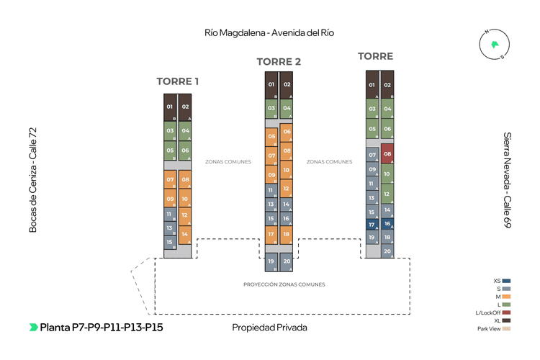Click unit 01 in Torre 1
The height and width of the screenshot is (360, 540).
tap(170, 107)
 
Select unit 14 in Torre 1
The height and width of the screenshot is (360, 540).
tap(185, 234)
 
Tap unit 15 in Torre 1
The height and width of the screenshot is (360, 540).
tap(170, 243)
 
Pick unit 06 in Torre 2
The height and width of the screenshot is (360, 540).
tap(287, 132)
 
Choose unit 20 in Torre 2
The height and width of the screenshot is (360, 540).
tap(287, 262)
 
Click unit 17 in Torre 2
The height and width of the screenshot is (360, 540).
tap(271, 234)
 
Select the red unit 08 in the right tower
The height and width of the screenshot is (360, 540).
tap(387, 154)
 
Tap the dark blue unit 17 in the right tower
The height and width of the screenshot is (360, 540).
tap(372, 225)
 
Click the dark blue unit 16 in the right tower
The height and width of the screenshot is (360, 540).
tap(387, 224)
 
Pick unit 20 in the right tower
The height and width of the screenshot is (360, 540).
tap(387, 251)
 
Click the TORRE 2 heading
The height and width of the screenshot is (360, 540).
tap(279, 61)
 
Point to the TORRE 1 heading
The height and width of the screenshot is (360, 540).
tap(178, 81)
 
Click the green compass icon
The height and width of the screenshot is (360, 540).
tap(494, 45)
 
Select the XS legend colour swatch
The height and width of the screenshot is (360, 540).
tap(507, 280)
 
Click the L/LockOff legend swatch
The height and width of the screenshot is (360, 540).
tap(507, 312)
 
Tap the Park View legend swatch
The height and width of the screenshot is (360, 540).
tap(507, 329)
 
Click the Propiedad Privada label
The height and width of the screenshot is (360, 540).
tap(269, 328)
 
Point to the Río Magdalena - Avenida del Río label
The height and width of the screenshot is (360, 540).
tap(269, 33)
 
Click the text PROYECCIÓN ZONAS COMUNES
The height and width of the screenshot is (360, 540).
tap(284, 284)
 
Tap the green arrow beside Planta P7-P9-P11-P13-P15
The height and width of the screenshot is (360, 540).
tap(33, 328)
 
